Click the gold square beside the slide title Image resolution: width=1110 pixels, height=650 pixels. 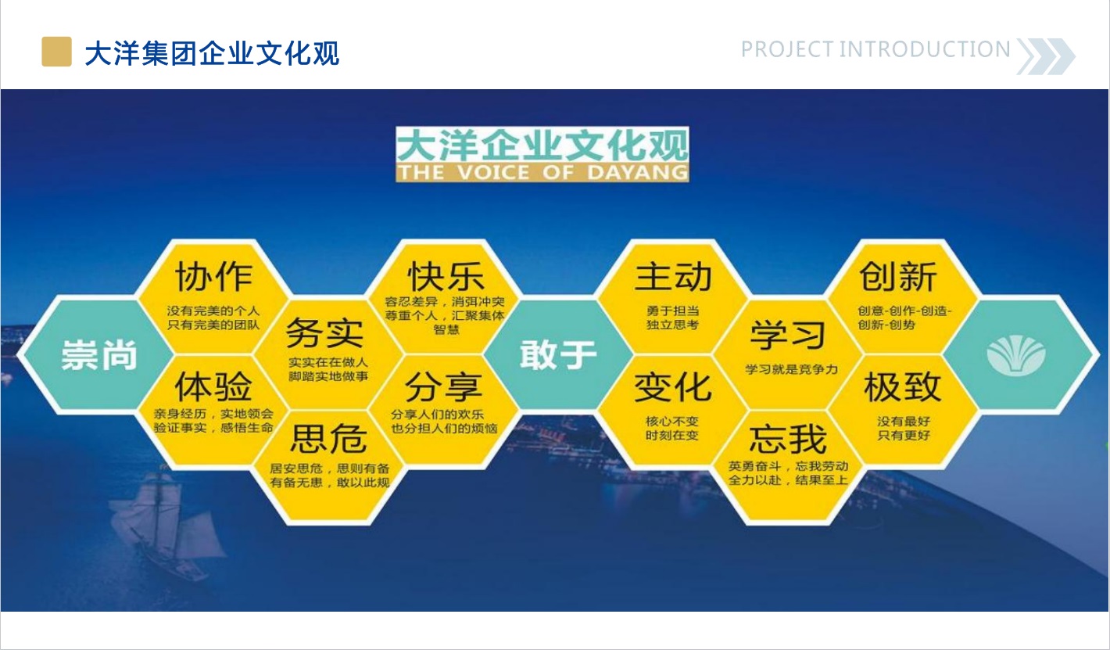click(56, 52)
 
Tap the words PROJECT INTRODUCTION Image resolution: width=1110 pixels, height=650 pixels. click(875, 49)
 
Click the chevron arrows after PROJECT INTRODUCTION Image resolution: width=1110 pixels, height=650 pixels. click(1046, 56)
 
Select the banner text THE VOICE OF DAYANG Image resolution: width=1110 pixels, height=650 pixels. click(542, 173)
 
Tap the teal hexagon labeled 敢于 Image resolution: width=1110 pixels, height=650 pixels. click(558, 354)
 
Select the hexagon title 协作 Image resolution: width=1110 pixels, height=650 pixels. click(214, 277)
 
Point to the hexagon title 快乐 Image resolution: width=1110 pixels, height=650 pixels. click(446, 277)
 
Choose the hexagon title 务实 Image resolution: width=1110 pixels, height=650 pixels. click(325, 332)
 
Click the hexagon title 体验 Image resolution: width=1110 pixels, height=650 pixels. click(213, 386)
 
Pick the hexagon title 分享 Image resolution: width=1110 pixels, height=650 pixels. click(443, 386)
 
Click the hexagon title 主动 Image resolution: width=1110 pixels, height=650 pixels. click(674, 277)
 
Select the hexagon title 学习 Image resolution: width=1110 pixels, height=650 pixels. click(788, 335)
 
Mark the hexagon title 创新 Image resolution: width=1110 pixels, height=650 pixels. click(898, 277)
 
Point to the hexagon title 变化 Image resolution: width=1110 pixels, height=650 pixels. click(673, 386)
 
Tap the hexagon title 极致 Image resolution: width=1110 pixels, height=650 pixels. click(902, 386)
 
